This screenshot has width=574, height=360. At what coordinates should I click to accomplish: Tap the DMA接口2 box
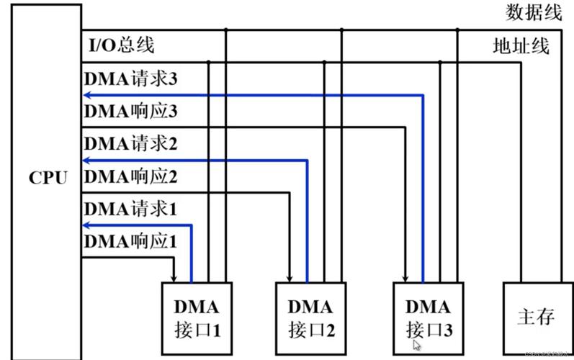311,318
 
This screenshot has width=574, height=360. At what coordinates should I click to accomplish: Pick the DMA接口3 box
428,318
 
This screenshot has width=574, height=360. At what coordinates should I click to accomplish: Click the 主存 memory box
536,316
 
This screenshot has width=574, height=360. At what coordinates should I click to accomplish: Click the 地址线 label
521,47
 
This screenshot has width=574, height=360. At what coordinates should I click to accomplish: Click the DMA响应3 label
130,111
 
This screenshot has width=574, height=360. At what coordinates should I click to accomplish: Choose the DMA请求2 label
130,143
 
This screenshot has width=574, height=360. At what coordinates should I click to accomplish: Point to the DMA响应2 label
130,176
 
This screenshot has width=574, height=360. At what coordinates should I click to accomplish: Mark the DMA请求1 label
130,209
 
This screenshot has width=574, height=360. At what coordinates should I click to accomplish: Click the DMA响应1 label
130,242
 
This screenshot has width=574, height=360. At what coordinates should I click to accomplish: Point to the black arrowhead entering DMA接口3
405,277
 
